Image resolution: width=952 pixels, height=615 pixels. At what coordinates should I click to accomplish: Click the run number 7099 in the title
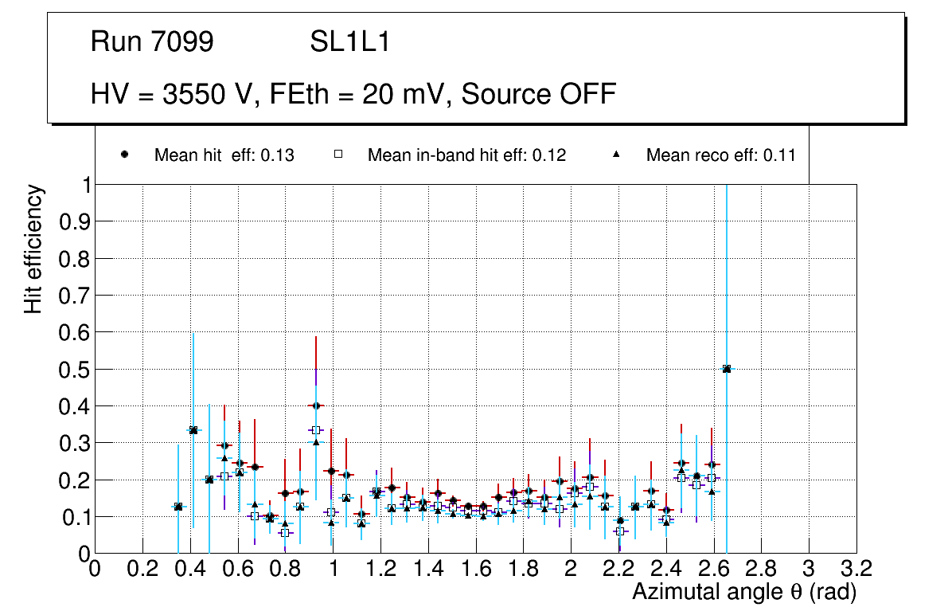click(184, 42)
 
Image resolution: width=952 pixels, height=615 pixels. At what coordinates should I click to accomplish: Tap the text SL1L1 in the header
click(349, 42)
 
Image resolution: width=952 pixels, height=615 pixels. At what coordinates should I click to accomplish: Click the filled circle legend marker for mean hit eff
click(125, 155)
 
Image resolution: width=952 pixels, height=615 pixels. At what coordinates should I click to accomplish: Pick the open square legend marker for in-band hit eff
click(338, 155)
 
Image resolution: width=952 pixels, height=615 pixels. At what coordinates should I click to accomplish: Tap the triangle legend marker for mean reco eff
click(617, 155)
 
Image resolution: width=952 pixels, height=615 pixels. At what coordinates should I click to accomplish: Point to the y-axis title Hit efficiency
click(33, 249)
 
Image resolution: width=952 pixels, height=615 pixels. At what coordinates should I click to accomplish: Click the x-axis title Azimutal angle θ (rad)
click(744, 592)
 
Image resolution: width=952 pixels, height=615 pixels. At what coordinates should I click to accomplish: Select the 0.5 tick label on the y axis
click(72, 370)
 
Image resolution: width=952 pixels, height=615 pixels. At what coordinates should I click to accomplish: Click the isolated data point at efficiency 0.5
click(727, 369)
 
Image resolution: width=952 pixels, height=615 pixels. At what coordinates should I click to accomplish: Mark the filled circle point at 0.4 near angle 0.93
click(316, 405)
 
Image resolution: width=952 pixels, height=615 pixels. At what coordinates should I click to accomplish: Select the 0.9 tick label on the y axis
click(72, 221)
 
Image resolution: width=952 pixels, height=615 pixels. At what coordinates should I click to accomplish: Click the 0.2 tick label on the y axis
click(72, 480)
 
